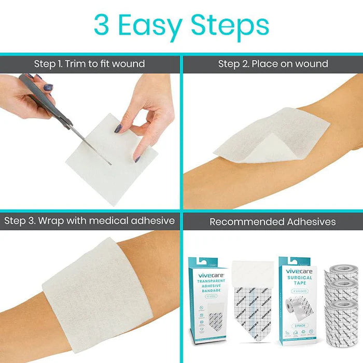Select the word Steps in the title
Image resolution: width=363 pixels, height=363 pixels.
point(229,26)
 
